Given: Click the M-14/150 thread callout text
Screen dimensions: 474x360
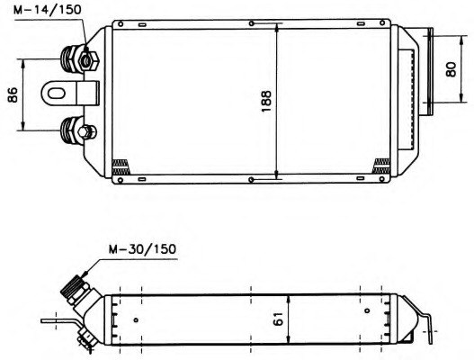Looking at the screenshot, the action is click(47, 10).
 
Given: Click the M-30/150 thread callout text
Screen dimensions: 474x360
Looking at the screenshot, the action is click(142, 249).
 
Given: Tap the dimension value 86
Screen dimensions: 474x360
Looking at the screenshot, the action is click(13, 94).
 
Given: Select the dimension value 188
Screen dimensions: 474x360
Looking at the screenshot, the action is click(266, 101).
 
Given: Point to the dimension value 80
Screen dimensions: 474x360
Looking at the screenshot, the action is click(451, 69).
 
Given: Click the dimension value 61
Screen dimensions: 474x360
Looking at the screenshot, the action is click(278, 319).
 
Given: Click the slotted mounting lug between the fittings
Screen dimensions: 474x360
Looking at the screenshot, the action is click(70, 94).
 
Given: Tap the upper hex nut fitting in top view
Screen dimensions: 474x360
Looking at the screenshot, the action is click(88, 61).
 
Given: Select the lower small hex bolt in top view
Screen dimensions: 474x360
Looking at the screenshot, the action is click(86, 132).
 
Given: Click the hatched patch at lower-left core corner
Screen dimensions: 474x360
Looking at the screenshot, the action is click(121, 166).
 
